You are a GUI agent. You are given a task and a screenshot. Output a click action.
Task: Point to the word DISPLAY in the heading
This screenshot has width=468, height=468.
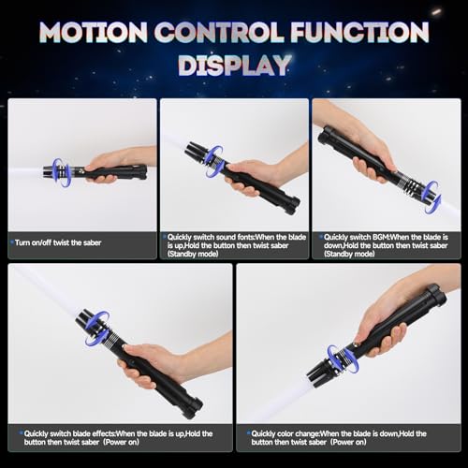[x=233, y=66]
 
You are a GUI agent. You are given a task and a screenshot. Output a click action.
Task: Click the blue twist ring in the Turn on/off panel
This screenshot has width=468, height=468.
[x=61, y=172]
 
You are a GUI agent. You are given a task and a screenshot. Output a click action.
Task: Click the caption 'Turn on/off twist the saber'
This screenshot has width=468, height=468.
[x=59, y=241]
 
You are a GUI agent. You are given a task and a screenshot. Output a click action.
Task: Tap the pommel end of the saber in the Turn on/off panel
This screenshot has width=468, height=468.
[x=141, y=171]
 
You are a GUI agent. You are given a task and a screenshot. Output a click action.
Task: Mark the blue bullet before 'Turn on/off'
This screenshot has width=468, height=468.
[x=12, y=241]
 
